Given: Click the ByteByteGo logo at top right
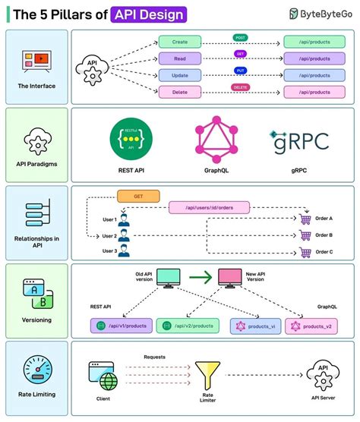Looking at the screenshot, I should (x=319, y=14).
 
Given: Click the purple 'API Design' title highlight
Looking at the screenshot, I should (x=147, y=14).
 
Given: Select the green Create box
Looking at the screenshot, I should (x=180, y=42).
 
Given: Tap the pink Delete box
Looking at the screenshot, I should (x=180, y=92).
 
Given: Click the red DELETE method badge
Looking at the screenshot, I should (x=240, y=87).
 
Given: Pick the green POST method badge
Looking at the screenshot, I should (x=240, y=37).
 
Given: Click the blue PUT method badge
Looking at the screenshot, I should (x=240, y=71).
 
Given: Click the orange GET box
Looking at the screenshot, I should (x=138, y=196).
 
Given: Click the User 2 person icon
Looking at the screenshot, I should (x=124, y=237).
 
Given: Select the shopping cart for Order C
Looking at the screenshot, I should (x=305, y=253).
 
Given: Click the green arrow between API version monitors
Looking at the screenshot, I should (x=200, y=279).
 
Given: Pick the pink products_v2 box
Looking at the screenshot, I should (x=310, y=326).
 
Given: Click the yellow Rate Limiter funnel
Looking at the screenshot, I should (x=207, y=375).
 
